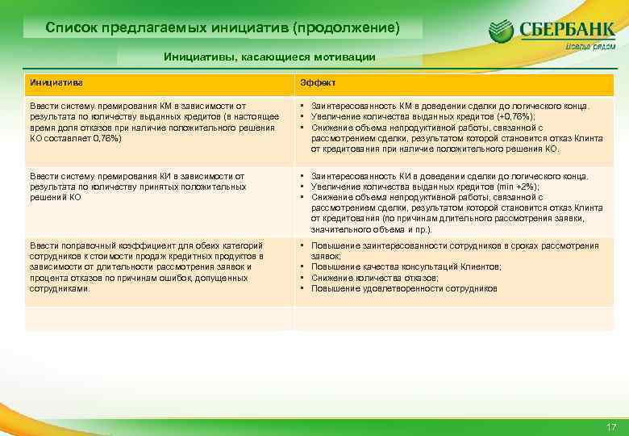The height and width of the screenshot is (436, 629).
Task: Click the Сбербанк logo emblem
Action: point(501,33)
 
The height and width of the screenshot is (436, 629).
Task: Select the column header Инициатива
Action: point(56,83)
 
